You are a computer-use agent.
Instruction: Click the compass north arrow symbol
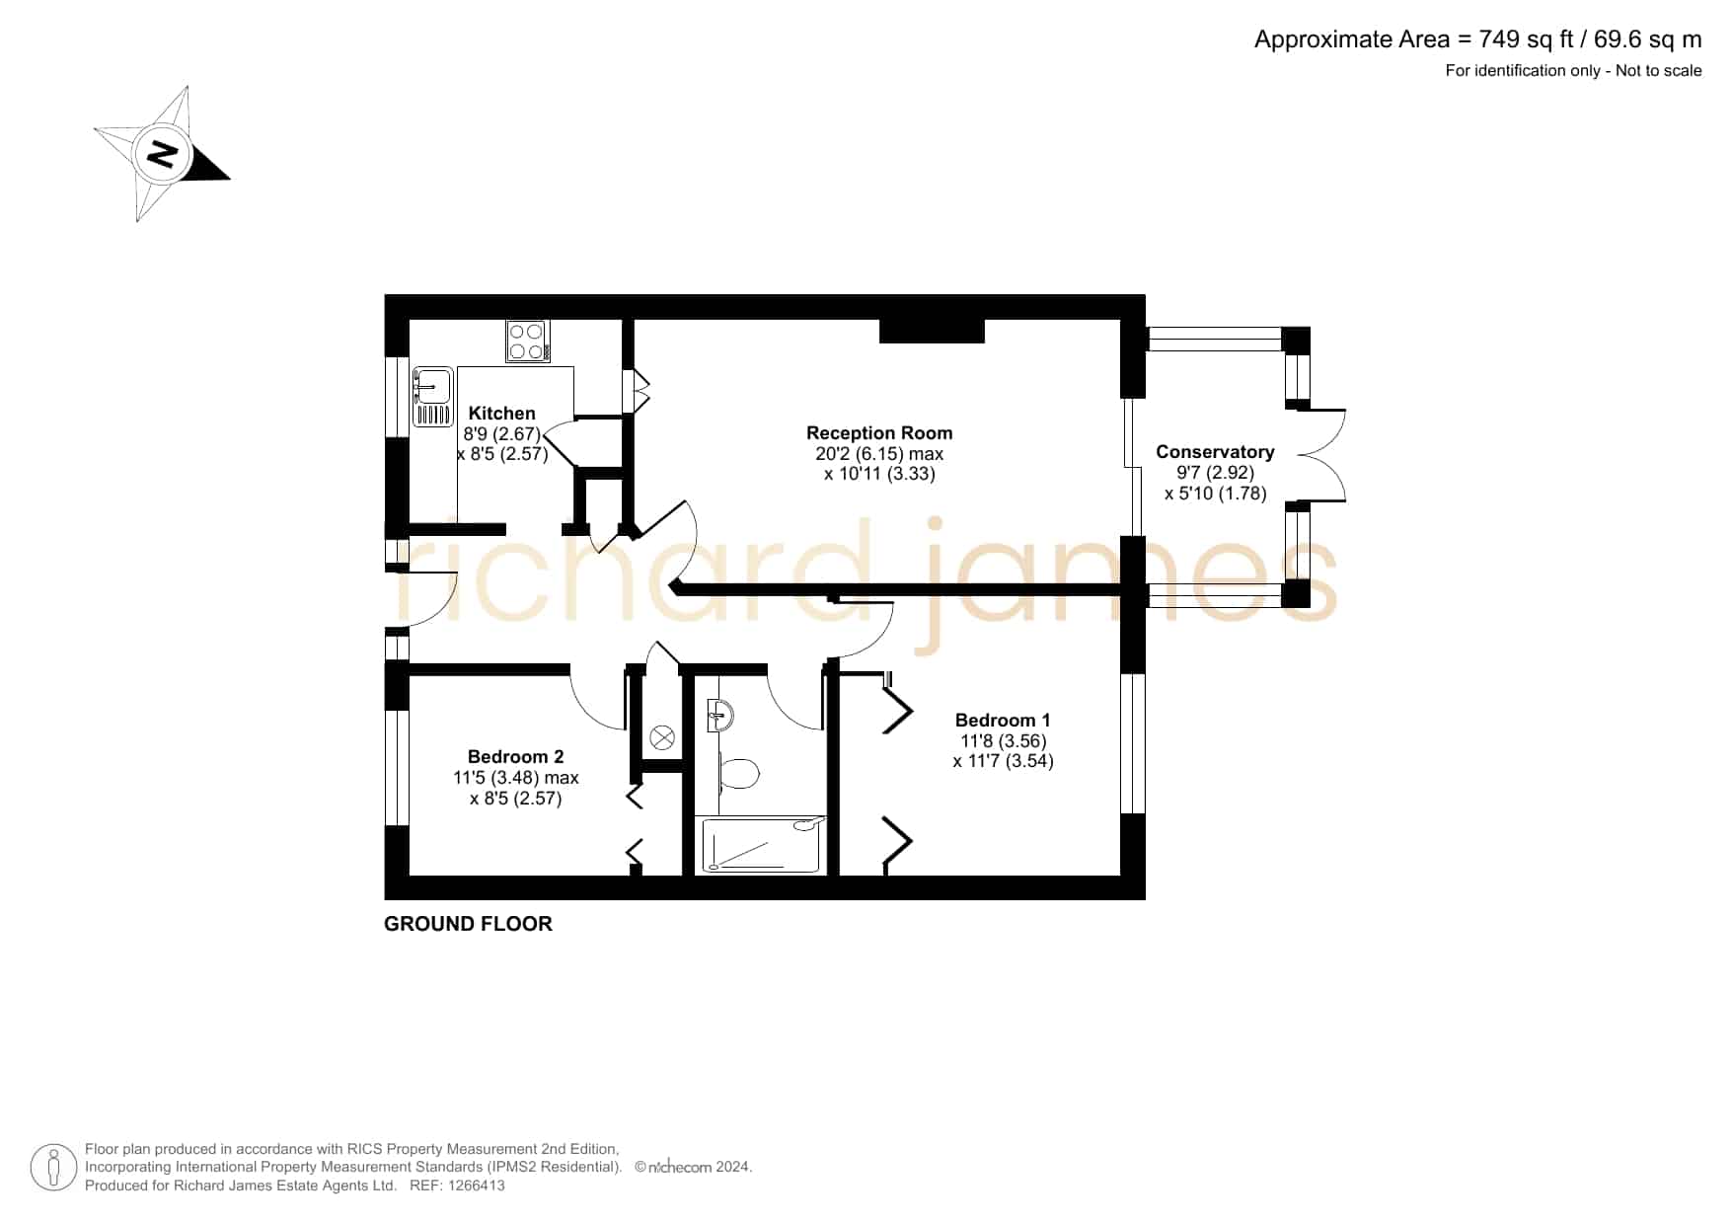pos(163,154)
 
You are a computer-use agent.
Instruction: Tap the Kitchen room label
pos(501,414)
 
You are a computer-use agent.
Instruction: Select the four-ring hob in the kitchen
pos(528,342)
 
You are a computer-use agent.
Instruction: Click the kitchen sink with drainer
pos(431,396)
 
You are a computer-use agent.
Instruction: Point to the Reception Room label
pos(879,432)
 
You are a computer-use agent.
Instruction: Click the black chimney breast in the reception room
pos(932,331)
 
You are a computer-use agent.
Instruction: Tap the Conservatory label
pos(1215,452)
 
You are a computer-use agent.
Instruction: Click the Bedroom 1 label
pos(1003,721)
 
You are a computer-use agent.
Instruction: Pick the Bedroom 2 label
pos(515,757)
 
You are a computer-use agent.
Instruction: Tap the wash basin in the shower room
pos(719,715)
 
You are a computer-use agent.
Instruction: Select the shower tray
pos(760,845)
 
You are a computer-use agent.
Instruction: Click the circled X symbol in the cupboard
pos(662,737)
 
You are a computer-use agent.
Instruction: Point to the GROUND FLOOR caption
pos(468,924)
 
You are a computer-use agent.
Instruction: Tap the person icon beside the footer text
pos(53,1168)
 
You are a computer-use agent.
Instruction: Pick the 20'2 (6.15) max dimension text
pos(879,454)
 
